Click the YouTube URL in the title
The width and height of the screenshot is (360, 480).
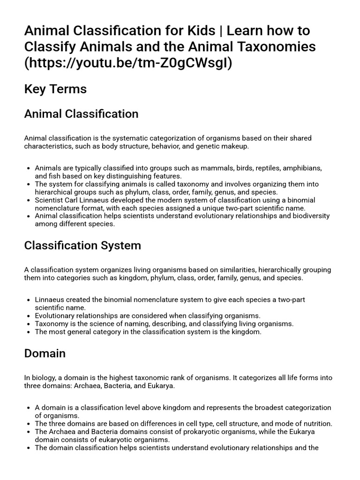(x=128, y=63)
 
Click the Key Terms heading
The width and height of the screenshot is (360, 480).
(x=55, y=89)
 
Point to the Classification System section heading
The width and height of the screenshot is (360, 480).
(x=82, y=246)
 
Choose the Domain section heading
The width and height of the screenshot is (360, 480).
(x=45, y=353)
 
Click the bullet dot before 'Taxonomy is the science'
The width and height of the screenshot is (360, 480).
(x=30, y=324)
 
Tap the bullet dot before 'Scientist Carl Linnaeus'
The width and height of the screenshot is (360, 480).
(x=30, y=200)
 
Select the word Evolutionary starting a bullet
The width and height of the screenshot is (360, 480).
(x=56, y=316)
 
